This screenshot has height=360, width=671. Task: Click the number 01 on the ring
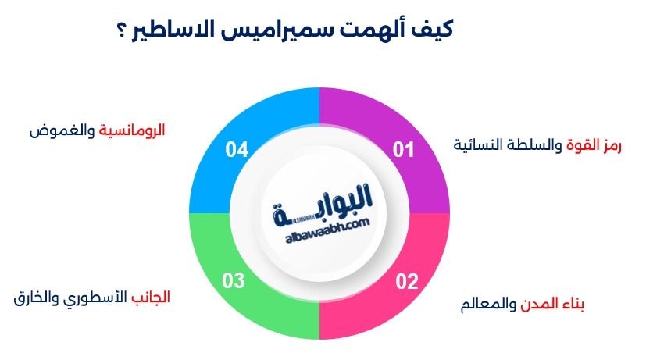tap(403, 148)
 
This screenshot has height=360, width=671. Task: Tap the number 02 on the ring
tap(407, 281)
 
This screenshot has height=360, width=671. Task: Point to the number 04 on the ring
tap(237, 148)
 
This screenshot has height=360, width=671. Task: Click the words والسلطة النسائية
tap(507, 145)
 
